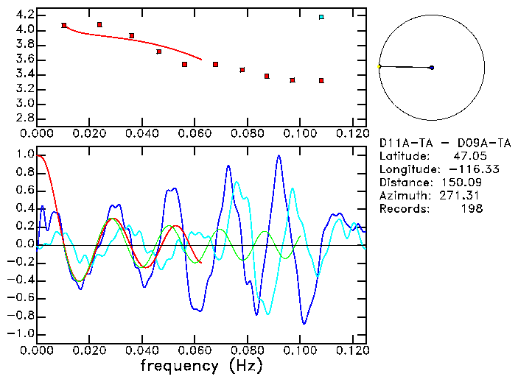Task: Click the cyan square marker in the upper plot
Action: pos(321,17)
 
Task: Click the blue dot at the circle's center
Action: pos(431,68)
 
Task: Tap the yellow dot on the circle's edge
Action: pos(379,66)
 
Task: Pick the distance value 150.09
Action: pos(462,183)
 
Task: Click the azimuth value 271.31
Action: pos(462,196)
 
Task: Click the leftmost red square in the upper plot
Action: pos(64,25)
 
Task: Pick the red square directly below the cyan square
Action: pos(321,80)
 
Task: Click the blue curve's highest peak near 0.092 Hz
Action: pos(279,156)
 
